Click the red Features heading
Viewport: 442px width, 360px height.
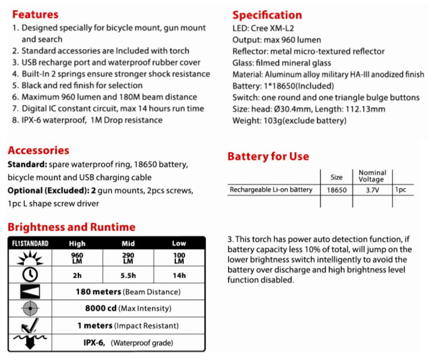pyautogui.click(x=35, y=14)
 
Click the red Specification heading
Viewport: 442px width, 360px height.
pyautogui.click(x=267, y=14)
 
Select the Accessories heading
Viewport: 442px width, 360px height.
pyautogui.click(x=38, y=150)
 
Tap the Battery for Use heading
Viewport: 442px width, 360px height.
pyautogui.click(x=268, y=156)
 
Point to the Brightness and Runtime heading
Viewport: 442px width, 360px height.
pyautogui.click(x=71, y=227)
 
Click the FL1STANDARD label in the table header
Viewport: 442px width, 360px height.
pyautogui.click(x=30, y=244)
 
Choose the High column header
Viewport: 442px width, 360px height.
pyautogui.click(x=76, y=244)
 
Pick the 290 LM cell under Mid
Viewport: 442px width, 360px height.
pyautogui.click(x=128, y=258)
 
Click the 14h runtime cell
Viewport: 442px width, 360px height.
pyautogui.click(x=179, y=275)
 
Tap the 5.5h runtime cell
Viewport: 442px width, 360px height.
pyautogui.click(x=128, y=275)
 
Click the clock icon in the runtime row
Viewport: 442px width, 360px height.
pyautogui.click(x=29, y=274)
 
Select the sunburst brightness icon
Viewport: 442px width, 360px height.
pyautogui.click(x=29, y=258)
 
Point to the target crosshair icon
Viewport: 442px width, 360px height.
pyautogui.click(x=29, y=308)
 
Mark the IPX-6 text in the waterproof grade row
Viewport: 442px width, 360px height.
pyautogui.click(x=94, y=343)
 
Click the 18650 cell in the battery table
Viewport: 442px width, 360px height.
pyautogui.click(x=337, y=190)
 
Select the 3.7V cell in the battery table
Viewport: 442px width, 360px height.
pyautogui.click(x=372, y=190)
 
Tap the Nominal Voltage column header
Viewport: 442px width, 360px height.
pyautogui.click(x=372, y=176)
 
